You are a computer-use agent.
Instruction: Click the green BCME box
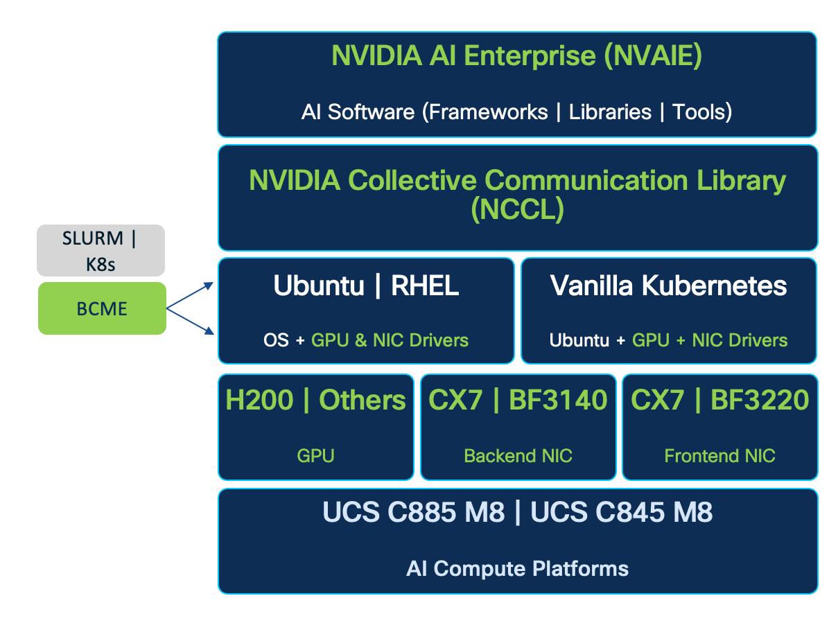click(102, 308)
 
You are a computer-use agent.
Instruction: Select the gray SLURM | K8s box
click(101, 251)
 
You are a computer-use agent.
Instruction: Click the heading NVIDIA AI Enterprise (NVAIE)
click(516, 56)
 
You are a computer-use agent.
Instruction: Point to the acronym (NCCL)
click(517, 209)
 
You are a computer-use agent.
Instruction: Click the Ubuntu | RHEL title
click(366, 286)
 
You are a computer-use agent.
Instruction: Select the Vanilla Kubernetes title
click(668, 286)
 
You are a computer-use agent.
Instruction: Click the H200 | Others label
click(316, 400)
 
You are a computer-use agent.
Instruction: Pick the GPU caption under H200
click(316, 455)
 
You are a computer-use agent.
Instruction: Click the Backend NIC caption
click(518, 455)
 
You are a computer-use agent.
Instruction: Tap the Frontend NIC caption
click(719, 455)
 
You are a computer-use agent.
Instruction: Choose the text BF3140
click(558, 400)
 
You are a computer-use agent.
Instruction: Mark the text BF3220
click(760, 400)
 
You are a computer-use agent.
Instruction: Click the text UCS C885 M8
click(414, 513)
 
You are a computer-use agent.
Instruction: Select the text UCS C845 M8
click(621, 513)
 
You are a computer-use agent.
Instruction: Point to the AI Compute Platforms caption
click(517, 569)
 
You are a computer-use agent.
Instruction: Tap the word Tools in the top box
click(702, 112)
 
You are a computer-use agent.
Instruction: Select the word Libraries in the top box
click(610, 112)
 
